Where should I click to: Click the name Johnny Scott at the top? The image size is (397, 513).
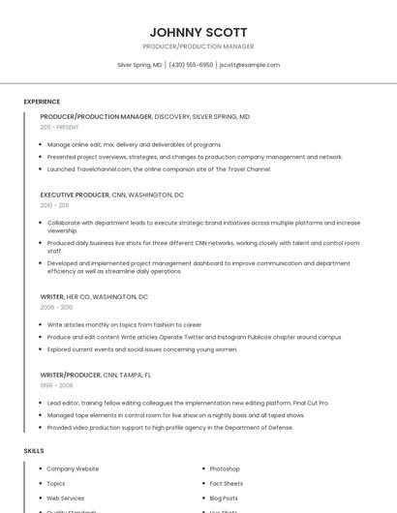(198, 32)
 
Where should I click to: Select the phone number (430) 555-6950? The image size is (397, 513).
(191, 65)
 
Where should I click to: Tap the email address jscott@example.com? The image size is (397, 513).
(250, 65)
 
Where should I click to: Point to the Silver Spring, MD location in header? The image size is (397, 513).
(139, 65)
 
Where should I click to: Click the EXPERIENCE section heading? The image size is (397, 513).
(42, 102)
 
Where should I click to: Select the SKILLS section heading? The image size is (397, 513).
(34, 451)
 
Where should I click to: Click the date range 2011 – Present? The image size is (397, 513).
(59, 127)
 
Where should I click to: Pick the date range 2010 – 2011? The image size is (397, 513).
(54, 205)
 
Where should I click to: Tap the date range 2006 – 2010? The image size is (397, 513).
(56, 307)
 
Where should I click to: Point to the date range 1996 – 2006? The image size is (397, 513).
(56, 384)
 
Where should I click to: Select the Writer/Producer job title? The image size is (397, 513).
(70, 374)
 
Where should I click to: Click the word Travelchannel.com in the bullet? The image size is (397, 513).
(104, 169)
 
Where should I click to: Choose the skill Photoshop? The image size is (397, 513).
(225, 468)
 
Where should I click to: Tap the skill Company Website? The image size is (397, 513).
(73, 468)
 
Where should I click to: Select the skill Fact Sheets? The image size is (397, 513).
(227, 483)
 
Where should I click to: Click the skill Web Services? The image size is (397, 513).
(66, 498)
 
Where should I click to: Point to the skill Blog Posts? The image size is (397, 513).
(224, 498)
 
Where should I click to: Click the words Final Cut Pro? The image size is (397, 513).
(309, 402)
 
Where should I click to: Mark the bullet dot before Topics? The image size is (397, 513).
(39, 483)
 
